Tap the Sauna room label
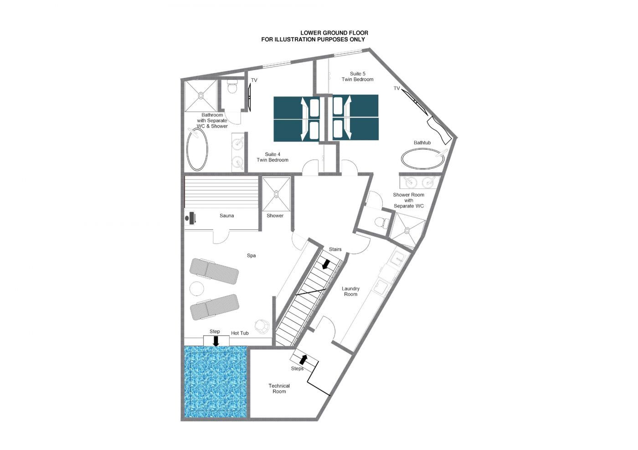coord(227,216)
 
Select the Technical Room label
coord(279,389)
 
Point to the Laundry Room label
coord(350,291)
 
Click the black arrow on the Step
coord(216,341)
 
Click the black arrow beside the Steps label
coord(304,359)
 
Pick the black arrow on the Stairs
coord(326,264)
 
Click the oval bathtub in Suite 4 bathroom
coord(197,150)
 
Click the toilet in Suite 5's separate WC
coord(381,222)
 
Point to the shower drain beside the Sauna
coord(276,194)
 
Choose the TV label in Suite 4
coord(254,80)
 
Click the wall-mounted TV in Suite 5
coord(414,101)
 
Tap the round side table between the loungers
coord(197,289)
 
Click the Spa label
coord(251,255)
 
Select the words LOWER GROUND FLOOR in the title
coord(334,33)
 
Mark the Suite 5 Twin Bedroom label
coord(357,76)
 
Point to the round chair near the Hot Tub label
coord(262,326)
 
